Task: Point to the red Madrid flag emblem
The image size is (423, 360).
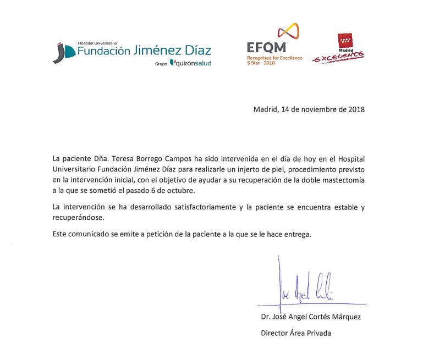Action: (345, 41)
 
